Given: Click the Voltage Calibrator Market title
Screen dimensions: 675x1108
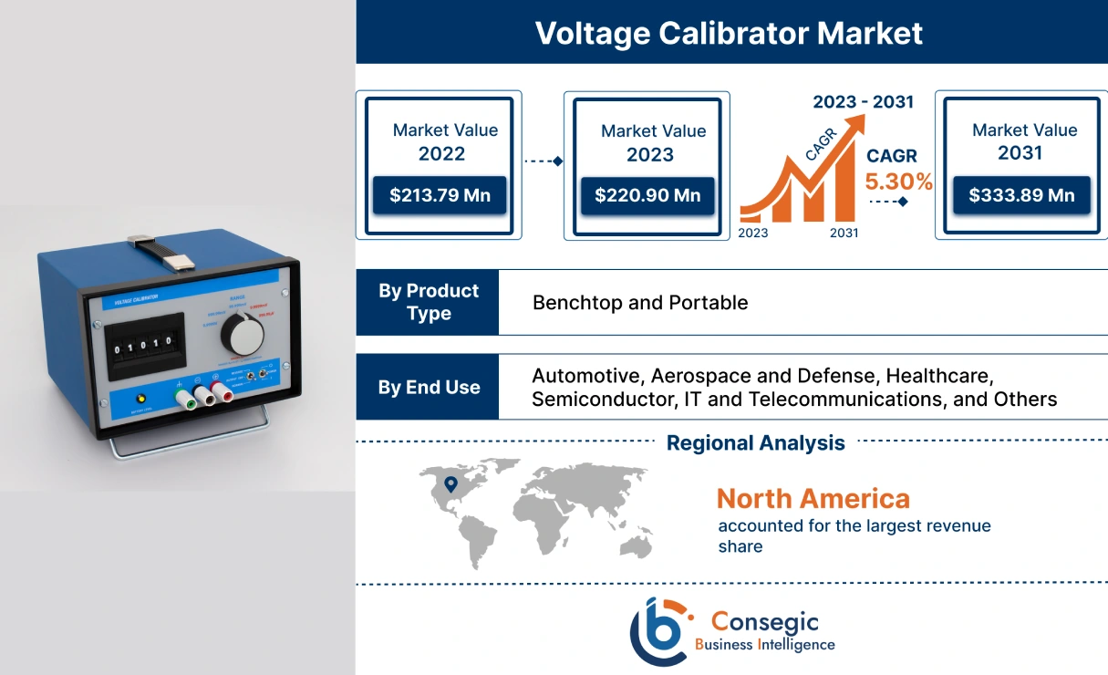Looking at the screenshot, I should [729, 33].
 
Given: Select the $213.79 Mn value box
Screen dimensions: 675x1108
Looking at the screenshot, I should [439, 195].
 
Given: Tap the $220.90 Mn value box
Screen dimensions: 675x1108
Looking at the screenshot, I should [647, 195].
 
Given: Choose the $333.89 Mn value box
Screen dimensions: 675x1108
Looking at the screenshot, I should [1021, 195].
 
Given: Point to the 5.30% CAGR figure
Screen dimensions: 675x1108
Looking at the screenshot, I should [898, 182].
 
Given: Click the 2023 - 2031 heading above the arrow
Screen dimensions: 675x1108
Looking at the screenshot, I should [863, 101].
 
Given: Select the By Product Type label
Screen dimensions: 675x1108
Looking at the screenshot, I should [428, 302].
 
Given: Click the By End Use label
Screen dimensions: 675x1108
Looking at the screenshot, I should [428, 387].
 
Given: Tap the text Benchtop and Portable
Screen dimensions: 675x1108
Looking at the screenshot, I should [639, 303].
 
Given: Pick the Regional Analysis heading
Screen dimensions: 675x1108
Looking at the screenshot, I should [755, 443].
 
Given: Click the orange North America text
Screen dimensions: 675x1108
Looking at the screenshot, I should [813, 498].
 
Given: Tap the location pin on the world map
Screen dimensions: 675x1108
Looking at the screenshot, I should [450, 484].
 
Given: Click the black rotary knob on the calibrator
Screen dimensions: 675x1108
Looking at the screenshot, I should [243, 336].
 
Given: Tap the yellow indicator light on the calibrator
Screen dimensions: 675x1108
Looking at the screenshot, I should [140, 399].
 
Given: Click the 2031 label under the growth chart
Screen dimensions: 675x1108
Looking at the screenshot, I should [844, 233].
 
